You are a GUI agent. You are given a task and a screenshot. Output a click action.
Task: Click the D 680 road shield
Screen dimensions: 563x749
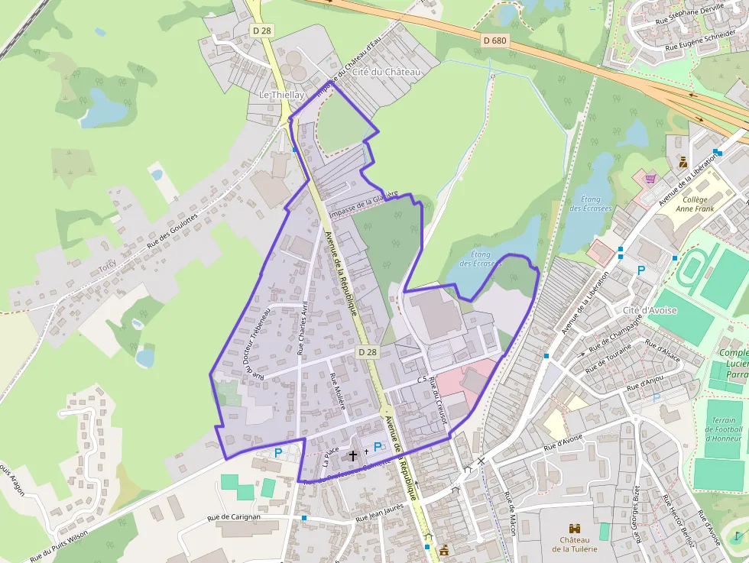pyautogui.click(x=495, y=40)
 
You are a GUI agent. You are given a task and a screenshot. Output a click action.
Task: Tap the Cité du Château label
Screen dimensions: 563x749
pyautogui.click(x=387, y=72)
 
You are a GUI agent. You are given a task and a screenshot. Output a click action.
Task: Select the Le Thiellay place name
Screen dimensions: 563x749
pyautogui.click(x=282, y=95)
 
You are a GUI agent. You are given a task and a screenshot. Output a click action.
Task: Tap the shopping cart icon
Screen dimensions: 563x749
pyautogui.click(x=650, y=178)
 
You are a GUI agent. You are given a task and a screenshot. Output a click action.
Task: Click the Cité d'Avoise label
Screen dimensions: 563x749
pyautogui.click(x=650, y=310)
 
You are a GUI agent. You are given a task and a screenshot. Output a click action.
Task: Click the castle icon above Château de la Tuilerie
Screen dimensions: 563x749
pyautogui.click(x=575, y=528)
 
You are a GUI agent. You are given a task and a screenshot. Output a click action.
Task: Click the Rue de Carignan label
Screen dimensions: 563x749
pyautogui.click(x=235, y=517)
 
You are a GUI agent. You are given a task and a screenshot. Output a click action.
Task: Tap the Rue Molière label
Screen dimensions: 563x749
pyautogui.click(x=338, y=391)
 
